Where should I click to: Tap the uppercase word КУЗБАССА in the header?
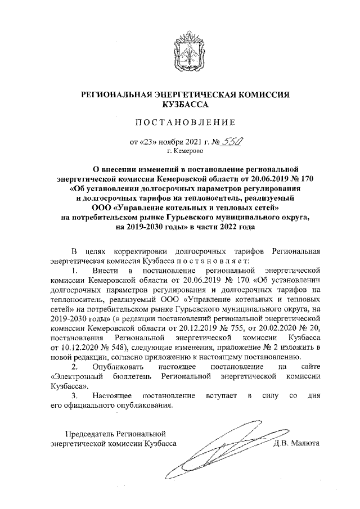(x=185, y=104)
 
